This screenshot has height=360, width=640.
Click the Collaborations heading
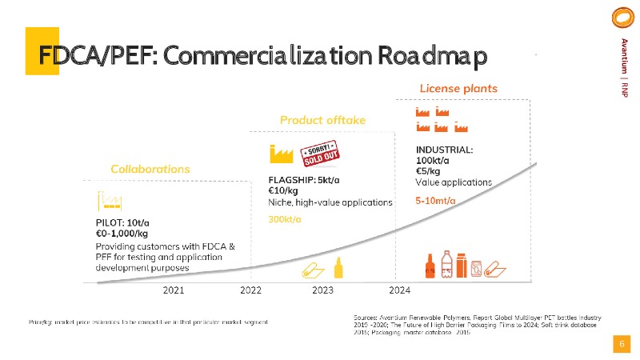click(x=150, y=169)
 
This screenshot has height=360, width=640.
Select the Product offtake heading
click(x=322, y=120)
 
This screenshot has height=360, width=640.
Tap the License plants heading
click(x=458, y=87)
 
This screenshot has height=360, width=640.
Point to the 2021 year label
click(x=174, y=290)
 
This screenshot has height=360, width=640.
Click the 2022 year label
click(x=251, y=290)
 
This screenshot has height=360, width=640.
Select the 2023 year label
click(x=322, y=290)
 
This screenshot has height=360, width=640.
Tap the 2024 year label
click(x=399, y=290)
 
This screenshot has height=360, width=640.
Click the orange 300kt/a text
click(x=284, y=219)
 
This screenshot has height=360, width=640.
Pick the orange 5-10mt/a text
click(x=436, y=200)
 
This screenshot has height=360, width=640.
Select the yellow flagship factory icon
click(x=282, y=153)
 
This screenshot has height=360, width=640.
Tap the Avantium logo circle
click(x=620, y=18)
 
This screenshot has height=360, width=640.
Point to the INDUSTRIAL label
click(x=444, y=149)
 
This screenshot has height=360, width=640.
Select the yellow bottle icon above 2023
click(x=339, y=268)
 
